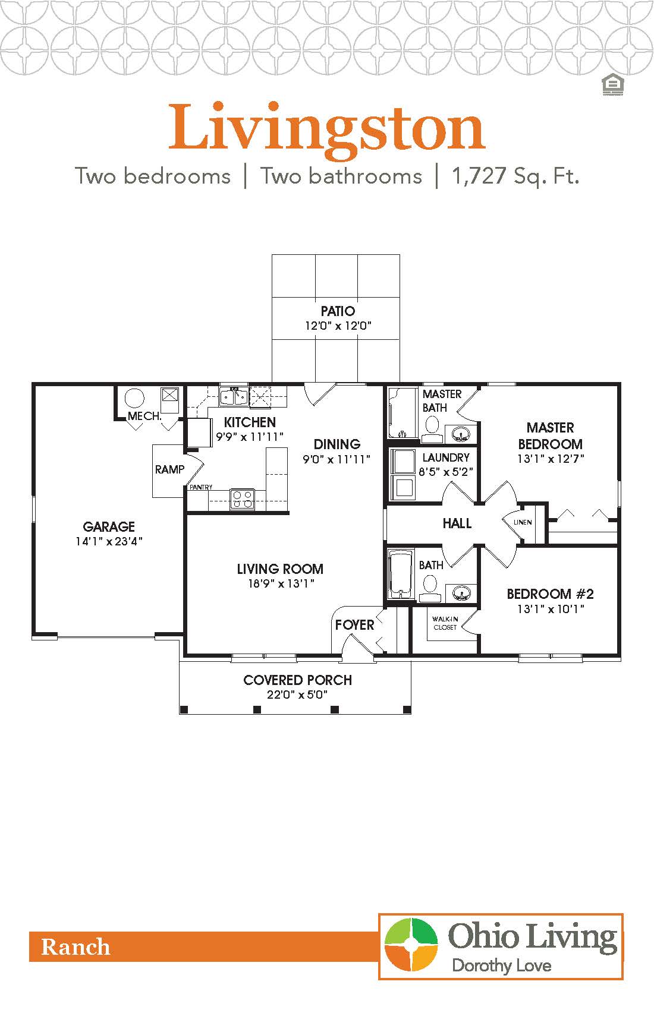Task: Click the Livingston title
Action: (x=327, y=128)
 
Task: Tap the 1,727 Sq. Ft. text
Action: (x=515, y=176)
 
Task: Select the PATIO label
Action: (x=338, y=311)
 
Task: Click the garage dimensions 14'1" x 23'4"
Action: (x=109, y=541)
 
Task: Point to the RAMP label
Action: (x=169, y=469)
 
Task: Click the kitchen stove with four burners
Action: (x=242, y=498)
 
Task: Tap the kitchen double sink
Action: (x=234, y=396)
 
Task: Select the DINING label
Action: (x=337, y=444)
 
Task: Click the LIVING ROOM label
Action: (x=280, y=569)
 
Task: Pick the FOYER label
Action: (x=354, y=624)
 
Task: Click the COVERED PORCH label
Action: (x=297, y=680)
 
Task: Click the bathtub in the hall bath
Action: (x=400, y=574)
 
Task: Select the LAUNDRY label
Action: (x=446, y=457)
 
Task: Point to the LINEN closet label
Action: (x=523, y=522)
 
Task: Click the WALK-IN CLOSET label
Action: (x=445, y=623)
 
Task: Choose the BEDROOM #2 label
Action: (x=550, y=594)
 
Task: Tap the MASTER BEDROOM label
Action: (x=550, y=435)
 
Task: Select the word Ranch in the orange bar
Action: (x=76, y=946)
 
